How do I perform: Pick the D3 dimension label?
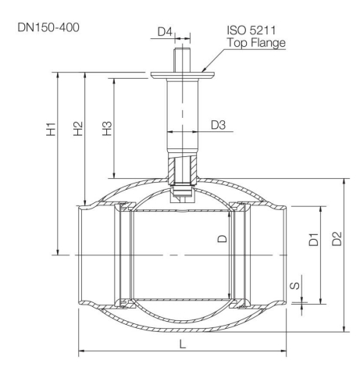point(218,124)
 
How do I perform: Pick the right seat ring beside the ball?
point(239,255)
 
